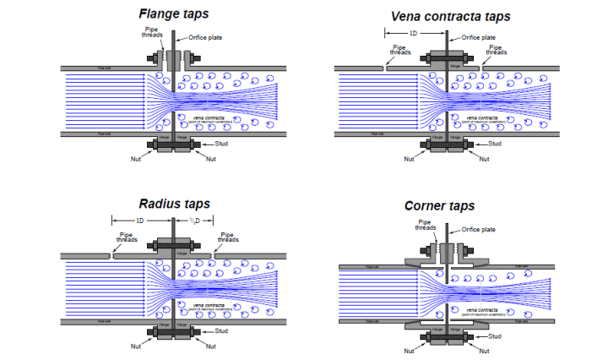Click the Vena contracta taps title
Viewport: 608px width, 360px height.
pyautogui.click(x=451, y=15)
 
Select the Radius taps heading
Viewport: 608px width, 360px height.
pyautogui.click(x=175, y=204)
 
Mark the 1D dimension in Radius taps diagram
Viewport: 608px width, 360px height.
pyautogui.click(x=139, y=221)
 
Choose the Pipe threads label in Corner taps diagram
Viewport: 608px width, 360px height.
pyautogui.click(x=426, y=225)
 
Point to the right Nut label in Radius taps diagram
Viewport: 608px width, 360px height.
pyautogui.click(x=212, y=346)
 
